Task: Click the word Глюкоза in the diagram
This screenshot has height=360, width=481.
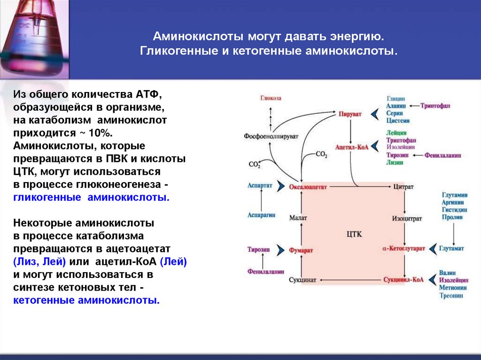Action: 271,98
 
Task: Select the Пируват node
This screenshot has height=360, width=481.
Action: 350,114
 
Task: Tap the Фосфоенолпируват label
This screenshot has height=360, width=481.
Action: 271,136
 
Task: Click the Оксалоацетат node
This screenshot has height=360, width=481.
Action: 308,186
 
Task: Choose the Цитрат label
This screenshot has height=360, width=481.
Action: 404,186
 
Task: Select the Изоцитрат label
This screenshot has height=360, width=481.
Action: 407,218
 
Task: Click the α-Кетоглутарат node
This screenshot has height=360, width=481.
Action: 403,248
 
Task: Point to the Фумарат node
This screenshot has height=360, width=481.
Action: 301,251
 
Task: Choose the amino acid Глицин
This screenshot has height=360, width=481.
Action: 396,99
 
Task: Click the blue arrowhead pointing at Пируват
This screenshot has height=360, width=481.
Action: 374,114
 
